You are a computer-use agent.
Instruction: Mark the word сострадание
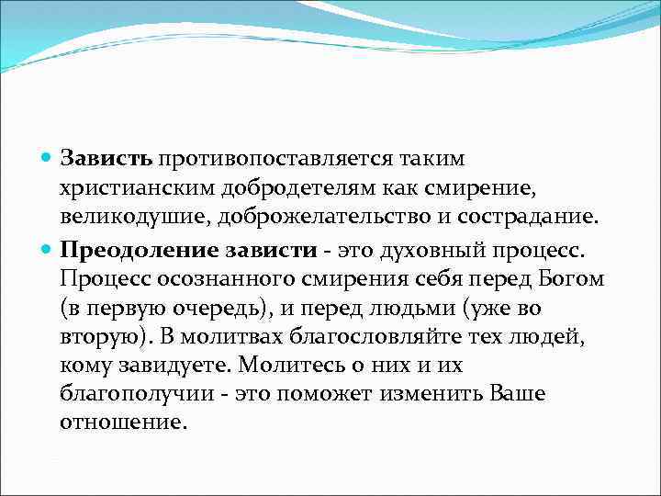[533, 218]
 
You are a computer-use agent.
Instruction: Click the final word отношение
[122, 424]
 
